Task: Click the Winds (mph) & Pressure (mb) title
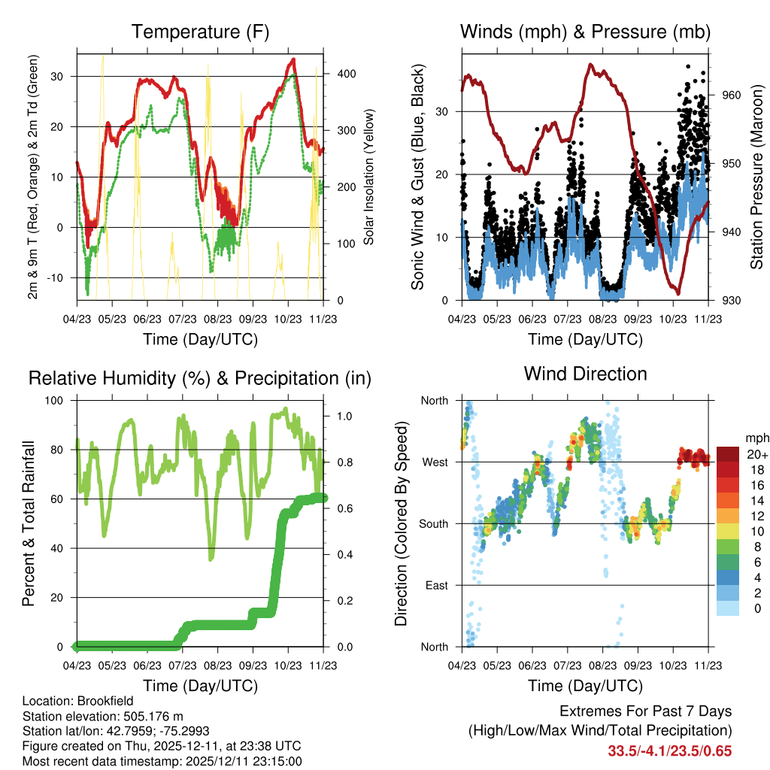tap(585, 32)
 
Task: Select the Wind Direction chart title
tap(585, 373)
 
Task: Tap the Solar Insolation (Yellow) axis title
tap(368, 177)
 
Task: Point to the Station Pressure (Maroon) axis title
tap(757, 177)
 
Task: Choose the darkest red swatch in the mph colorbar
tap(728, 454)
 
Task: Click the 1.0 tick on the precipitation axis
tap(337, 415)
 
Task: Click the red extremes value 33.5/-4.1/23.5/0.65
tap(669, 750)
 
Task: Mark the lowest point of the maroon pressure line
tap(678, 293)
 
